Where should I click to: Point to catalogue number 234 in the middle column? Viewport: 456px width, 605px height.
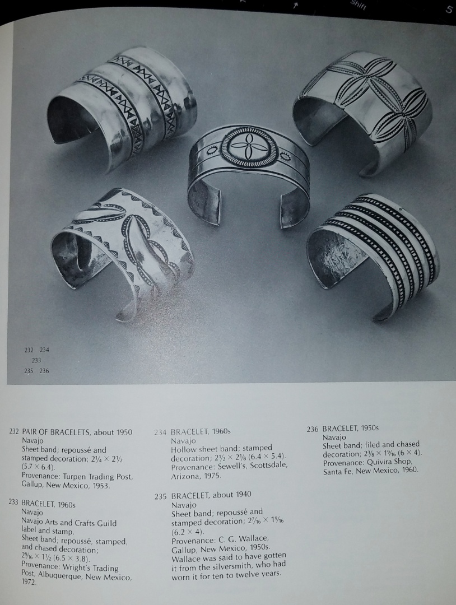[x=161, y=432]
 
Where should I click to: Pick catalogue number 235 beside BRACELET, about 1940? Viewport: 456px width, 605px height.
[x=161, y=495]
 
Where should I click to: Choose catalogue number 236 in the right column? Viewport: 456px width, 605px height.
[x=313, y=429]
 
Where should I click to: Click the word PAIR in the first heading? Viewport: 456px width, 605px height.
[x=31, y=432]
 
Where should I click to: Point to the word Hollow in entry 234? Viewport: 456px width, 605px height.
[x=183, y=449]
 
